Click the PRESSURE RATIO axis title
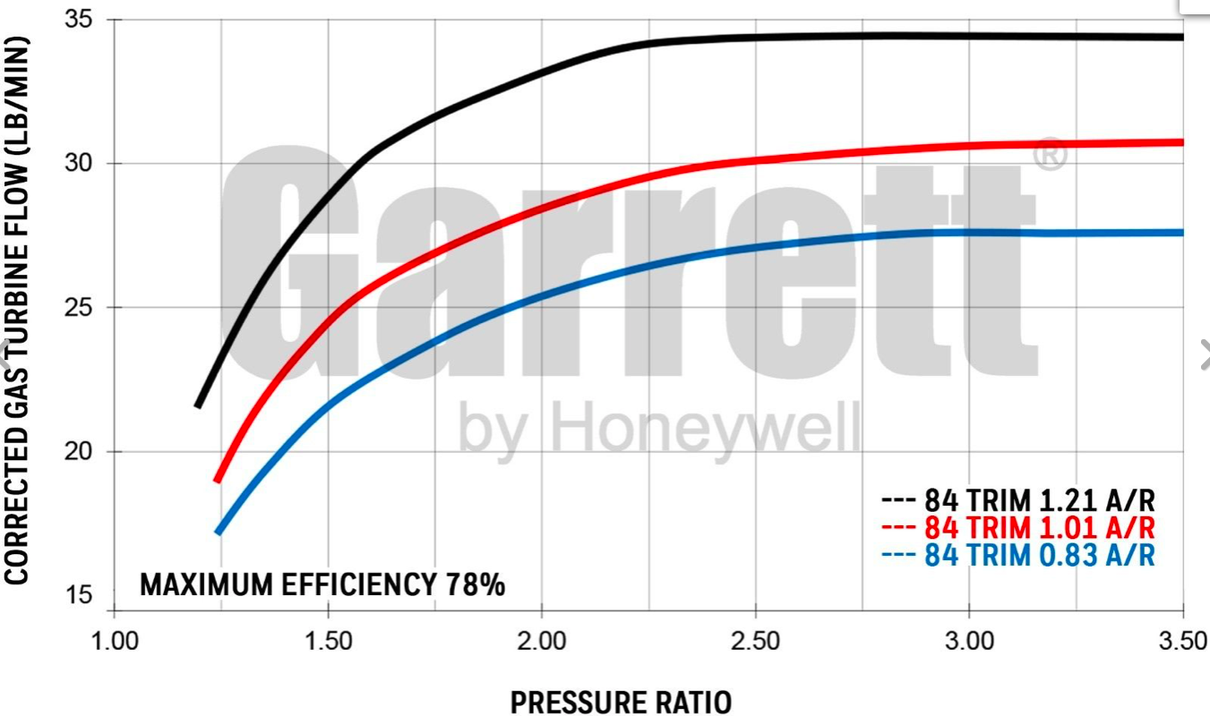(620, 703)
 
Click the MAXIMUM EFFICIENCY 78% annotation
(322, 585)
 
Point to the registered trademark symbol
(1051, 154)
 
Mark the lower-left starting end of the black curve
(198, 405)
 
